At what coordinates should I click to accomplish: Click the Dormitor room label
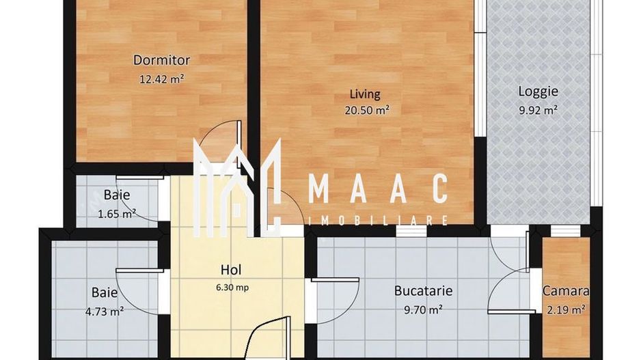(x=161, y=60)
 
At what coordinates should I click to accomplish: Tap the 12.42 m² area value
(x=161, y=79)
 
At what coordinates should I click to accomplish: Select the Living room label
(x=365, y=94)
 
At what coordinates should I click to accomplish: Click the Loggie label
(x=538, y=91)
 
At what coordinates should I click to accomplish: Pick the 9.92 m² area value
(x=538, y=109)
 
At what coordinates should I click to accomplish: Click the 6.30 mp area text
(x=232, y=288)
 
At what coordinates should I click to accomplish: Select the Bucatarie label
(x=423, y=290)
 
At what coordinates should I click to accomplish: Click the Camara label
(x=565, y=291)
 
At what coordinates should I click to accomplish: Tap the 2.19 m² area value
(x=564, y=309)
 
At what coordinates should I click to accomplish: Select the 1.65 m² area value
(x=116, y=212)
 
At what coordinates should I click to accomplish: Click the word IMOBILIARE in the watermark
(x=379, y=221)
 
